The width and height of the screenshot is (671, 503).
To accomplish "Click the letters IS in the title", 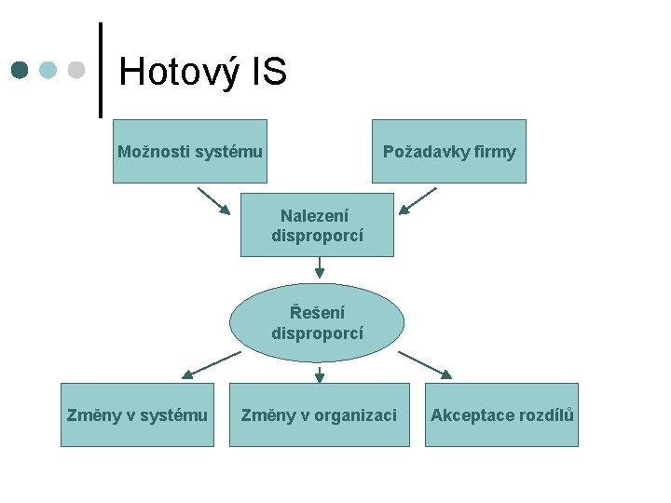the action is pos(268,72).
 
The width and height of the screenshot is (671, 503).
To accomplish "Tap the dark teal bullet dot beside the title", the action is pos(20,70).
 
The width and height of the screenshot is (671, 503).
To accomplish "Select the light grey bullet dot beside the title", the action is pos(76,70).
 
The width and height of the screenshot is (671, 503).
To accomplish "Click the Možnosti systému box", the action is pos(190,151).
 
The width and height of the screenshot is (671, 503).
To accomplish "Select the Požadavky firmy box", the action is pos(448,151).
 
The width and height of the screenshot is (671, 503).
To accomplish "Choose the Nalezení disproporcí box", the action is pos(317,224).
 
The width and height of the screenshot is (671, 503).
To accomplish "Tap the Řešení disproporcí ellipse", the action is pos(317,322).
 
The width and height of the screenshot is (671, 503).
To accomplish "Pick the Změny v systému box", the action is pos(137,415).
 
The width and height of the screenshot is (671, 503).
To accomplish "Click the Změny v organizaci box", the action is pos(319,415).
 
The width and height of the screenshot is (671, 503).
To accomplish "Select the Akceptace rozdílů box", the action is pos(501,415).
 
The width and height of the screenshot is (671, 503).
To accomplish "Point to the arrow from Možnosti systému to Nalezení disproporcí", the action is pos(213,201).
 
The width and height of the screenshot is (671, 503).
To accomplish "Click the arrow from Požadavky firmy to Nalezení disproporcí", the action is pos(418,200).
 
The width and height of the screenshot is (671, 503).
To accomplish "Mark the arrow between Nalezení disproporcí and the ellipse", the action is pos(319,268).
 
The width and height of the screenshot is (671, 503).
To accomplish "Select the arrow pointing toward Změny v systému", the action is pos(211,364).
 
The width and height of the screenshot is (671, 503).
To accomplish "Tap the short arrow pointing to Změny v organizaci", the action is pos(319,374).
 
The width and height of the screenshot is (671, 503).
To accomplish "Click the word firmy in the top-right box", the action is pos(494,152).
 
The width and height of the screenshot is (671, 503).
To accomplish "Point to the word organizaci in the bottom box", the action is pos(357,415).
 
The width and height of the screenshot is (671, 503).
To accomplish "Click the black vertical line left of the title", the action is pos(101,70).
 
